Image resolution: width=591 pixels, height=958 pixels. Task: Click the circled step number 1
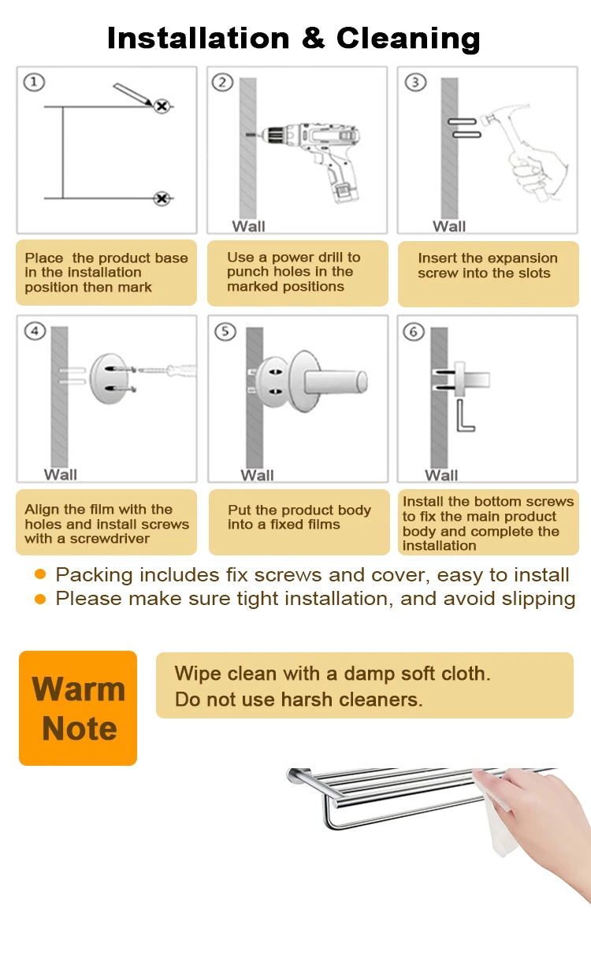coord(34,82)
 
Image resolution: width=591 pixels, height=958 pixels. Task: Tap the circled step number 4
coord(35,331)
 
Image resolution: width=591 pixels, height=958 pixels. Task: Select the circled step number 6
coord(414,332)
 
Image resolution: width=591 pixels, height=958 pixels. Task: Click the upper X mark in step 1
coord(162,106)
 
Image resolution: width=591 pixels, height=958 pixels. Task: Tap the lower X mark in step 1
coord(162,199)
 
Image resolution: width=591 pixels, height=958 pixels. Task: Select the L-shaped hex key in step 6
coord(465,415)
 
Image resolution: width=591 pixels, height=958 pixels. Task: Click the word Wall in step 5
coord(257,475)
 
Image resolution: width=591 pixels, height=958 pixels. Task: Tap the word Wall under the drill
coord(248,227)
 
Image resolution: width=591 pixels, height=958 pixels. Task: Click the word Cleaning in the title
coord(407,38)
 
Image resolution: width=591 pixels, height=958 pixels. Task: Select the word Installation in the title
coord(198,38)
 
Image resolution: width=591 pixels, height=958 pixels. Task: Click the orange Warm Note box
coord(78,707)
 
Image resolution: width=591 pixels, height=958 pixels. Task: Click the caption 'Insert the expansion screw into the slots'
coord(487,266)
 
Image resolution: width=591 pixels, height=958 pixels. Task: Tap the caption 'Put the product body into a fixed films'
coord(299,518)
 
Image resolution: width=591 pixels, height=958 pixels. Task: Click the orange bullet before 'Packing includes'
coord(40,575)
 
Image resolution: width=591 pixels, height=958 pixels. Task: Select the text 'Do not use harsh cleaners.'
coord(299,700)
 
